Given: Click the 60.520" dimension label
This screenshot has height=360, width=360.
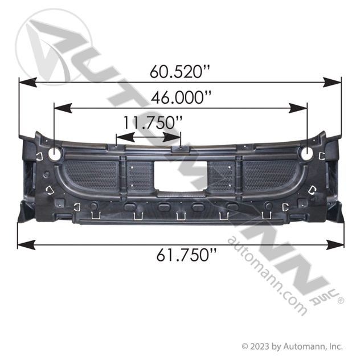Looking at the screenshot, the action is (180, 71).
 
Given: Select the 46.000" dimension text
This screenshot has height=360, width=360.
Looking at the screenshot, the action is (181, 97).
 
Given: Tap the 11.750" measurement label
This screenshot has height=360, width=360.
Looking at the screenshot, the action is (153, 122).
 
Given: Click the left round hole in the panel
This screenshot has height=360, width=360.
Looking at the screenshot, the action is (55, 154).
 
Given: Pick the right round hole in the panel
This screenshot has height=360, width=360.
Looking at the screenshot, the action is (307, 153).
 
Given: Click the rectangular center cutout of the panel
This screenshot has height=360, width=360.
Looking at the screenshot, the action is (181, 175).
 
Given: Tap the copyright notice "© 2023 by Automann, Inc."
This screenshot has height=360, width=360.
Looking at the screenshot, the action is (292, 346).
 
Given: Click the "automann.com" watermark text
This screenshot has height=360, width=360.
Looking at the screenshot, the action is (267, 276).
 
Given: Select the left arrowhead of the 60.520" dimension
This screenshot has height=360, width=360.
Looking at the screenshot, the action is (28, 82).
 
